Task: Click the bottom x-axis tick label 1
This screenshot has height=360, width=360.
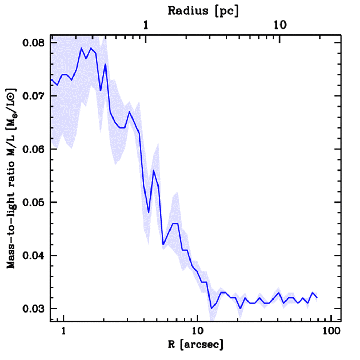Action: click(64, 332)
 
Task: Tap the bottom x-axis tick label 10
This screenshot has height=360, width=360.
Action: click(198, 332)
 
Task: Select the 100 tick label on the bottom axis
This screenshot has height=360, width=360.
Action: click(331, 332)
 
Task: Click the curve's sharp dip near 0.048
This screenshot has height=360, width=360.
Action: click(149, 213)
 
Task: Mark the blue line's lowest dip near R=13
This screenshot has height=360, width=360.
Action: click(211, 308)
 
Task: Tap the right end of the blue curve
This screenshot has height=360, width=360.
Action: click(317, 298)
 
